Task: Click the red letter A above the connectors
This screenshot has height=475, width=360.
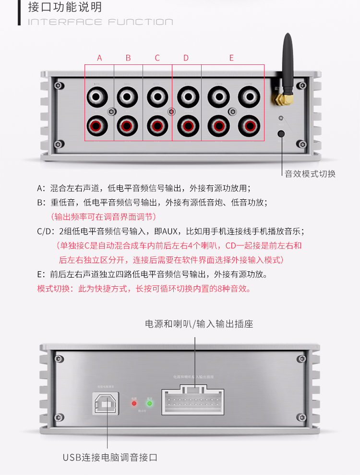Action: coord(99,58)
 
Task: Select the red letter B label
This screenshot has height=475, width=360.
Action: coord(128,58)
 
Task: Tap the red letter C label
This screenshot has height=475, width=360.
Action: coord(157,58)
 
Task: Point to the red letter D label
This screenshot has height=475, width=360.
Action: coord(186,58)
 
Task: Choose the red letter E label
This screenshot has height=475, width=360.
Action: coord(231,58)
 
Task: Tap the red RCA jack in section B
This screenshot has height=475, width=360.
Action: coord(128,126)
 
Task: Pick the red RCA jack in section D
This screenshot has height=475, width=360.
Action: coord(188,126)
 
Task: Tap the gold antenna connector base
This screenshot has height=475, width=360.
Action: coord(279,99)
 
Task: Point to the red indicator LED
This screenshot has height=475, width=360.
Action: coord(135,403)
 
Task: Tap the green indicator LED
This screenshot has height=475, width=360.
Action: coord(150,403)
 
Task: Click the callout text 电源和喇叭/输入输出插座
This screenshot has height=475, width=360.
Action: coord(199,324)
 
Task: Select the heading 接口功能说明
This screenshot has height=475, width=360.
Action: coord(65,8)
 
